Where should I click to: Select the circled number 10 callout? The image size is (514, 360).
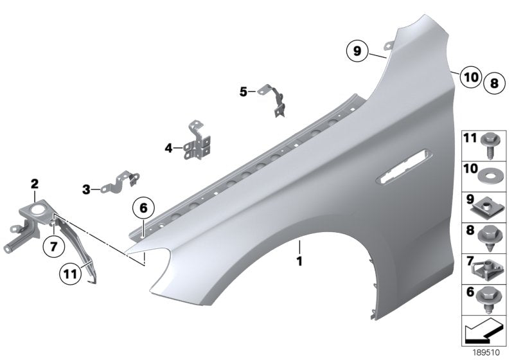tap(470, 77)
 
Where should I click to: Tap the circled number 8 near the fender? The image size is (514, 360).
tap(493, 82)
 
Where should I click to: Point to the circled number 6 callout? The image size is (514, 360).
tap(143, 208)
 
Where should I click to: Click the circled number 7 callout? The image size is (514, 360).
tap(53, 246)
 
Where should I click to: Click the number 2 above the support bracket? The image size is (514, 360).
tap(35, 185)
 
